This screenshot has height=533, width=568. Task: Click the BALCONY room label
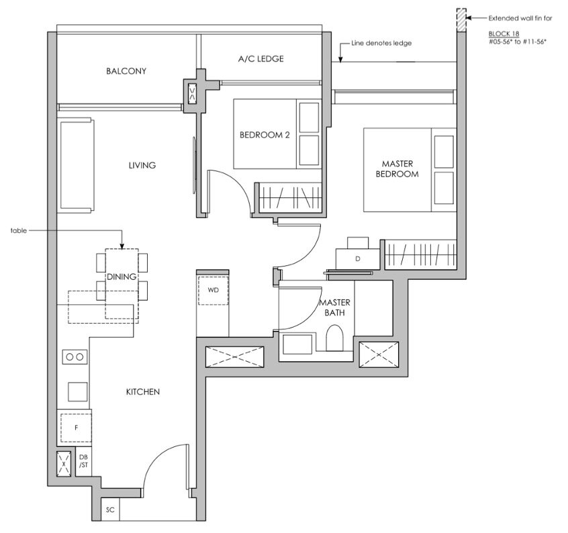tap(126, 71)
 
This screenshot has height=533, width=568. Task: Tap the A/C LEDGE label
tap(261, 58)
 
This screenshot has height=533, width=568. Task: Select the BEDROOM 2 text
tap(265, 135)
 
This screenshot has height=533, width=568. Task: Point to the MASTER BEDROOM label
tap(397, 168)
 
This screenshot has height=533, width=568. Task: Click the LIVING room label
tap(142, 165)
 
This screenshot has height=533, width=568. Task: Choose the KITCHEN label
tap(143, 391)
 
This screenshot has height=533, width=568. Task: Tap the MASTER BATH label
tap(334, 307)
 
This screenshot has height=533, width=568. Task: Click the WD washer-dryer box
tap(213, 291)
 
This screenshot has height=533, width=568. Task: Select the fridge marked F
tap(76, 428)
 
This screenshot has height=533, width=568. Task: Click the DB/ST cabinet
tap(83, 461)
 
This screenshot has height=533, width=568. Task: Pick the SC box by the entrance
tap(110, 510)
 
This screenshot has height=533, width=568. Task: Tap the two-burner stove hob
tap(75, 356)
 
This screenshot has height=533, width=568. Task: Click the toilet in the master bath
tap(334, 338)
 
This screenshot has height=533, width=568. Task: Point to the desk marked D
tap(358, 258)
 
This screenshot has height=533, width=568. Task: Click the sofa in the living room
tap(76, 165)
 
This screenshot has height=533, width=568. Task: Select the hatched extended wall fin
tap(461, 20)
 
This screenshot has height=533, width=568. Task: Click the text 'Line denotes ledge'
tap(381, 43)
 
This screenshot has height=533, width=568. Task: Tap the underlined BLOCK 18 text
tap(504, 34)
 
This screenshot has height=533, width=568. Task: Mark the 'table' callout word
tap(19, 230)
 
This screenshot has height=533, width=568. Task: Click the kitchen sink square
tap(78, 392)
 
